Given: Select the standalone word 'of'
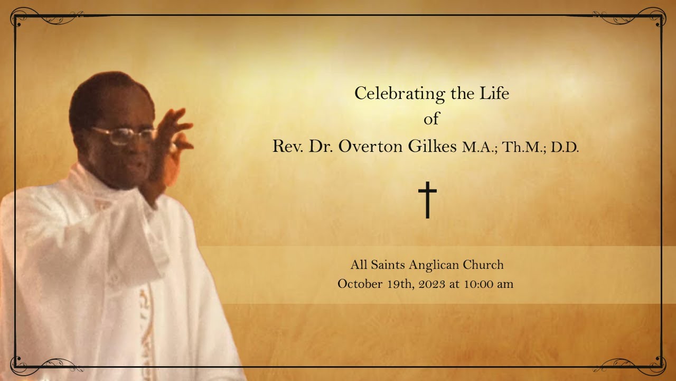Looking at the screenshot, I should coord(431,120).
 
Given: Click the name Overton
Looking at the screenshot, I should coord(370,147).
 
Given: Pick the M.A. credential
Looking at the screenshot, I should coord(480,148).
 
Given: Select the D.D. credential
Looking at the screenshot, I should coord(565,148).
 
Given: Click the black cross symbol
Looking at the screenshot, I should coord(428,199).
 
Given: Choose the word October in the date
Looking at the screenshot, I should coord(360,284).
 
